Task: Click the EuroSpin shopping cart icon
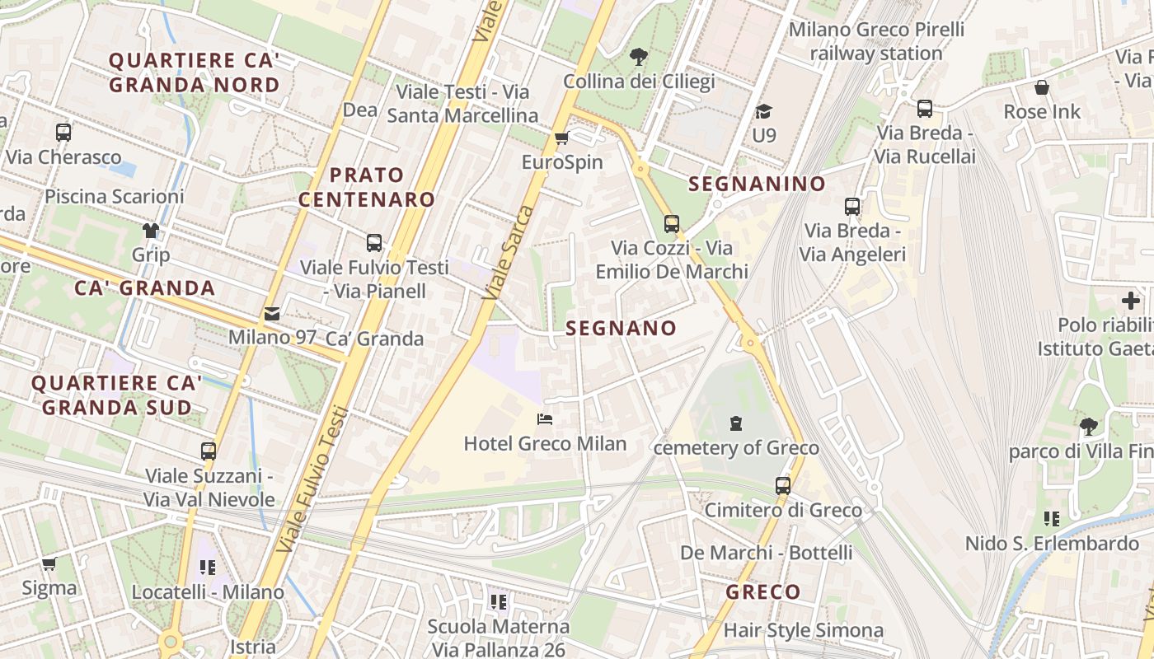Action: coord(562,138)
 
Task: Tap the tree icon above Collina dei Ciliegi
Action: coord(638,57)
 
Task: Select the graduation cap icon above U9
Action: coord(764,111)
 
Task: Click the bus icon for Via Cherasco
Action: coord(63,132)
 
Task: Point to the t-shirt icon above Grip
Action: coord(151,230)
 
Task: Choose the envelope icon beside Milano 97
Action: coord(271,314)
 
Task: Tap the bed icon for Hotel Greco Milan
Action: coord(545,419)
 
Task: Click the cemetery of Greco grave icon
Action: coord(735,423)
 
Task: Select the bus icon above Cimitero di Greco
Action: coord(783,485)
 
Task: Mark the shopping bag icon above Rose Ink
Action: coord(1042,87)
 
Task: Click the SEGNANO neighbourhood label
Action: coord(621,328)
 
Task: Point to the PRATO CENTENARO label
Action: coord(367,187)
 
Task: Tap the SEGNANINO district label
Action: coord(757,184)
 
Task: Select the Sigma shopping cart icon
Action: coord(49,564)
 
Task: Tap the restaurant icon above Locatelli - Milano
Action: coord(208,568)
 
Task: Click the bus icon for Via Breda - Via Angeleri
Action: coord(852,207)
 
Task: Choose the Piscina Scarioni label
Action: coord(114,196)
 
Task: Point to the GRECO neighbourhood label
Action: coord(762,591)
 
